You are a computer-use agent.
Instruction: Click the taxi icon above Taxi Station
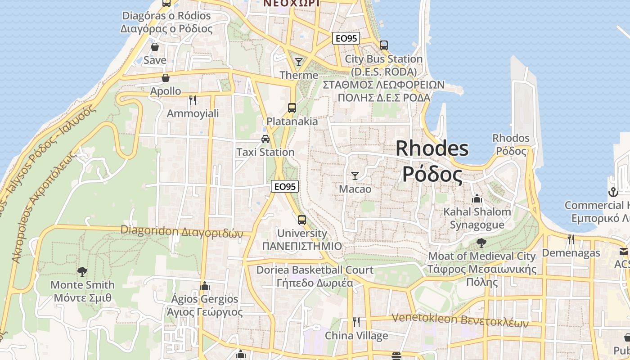pyautogui.click(x=265, y=139)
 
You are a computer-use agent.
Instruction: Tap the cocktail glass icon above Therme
pyautogui.click(x=299, y=62)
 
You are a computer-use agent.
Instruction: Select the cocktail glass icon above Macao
pyautogui.click(x=355, y=175)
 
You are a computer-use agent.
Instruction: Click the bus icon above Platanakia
pyautogui.click(x=292, y=108)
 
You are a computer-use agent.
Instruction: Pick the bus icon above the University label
pyautogui.click(x=302, y=220)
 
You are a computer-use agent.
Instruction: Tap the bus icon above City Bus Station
pyautogui.click(x=384, y=45)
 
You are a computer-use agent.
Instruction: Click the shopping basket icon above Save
pyautogui.click(x=155, y=47)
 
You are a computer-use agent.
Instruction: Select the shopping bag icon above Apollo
pyautogui.click(x=166, y=78)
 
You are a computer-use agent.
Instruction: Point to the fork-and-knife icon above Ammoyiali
pyautogui.click(x=193, y=100)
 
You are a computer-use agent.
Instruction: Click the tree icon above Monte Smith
pyautogui.click(x=82, y=271)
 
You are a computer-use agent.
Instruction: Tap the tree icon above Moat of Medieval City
pyautogui.click(x=481, y=243)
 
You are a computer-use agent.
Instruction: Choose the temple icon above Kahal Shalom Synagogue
pyautogui.click(x=477, y=198)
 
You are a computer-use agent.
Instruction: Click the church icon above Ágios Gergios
pyautogui.click(x=205, y=286)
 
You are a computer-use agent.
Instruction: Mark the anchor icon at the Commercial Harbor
pyautogui.click(x=613, y=192)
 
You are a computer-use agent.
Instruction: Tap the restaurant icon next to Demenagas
pyautogui.click(x=571, y=239)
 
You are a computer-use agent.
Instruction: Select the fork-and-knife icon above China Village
pyautogui.click(x=356, y=322)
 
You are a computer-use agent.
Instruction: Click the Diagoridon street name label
pyautogui.click(x=181, y=231)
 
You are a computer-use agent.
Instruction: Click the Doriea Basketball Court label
pyautogui.click(x=315, y=270)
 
